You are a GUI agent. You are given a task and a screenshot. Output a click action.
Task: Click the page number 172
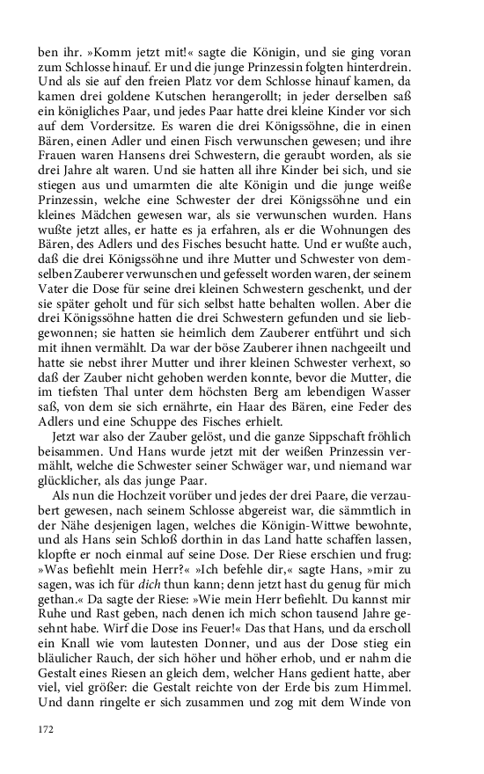pyautogui.click(x=47, y=729)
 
